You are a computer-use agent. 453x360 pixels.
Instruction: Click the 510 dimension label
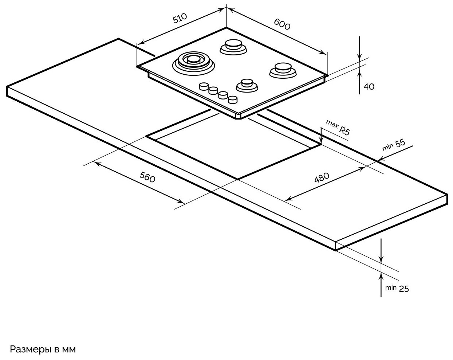pyautogui.click(x=180, y=18)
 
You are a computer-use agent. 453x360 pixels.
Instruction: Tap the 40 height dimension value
pyautogui.click(x=369, y=87)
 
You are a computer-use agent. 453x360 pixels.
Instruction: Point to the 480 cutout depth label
pyautogui.click(x=322, y=178)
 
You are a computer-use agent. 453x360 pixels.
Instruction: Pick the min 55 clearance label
pyautogui.click(x=394, y=145)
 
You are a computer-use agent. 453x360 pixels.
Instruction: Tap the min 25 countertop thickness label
pyautogui.click(x=397, y=288)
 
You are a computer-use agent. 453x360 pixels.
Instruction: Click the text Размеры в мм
pyautogui.click(x=43, y=349)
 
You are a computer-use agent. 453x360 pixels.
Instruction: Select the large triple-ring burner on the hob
pyautogui.click(x=193, y=62)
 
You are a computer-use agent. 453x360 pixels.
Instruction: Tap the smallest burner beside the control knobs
pyautogui.click(x=247, y=85)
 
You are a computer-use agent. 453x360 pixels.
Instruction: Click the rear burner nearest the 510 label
pyautogui.click(x=232, y=47)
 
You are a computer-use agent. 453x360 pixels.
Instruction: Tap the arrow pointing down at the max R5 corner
pyautogui.click(x=321, y=140)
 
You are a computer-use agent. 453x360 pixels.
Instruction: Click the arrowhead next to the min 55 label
pyautogui.click(x=381, y=159)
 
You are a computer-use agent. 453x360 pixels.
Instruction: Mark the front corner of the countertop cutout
pyautogui.click(x=238, y=179)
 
